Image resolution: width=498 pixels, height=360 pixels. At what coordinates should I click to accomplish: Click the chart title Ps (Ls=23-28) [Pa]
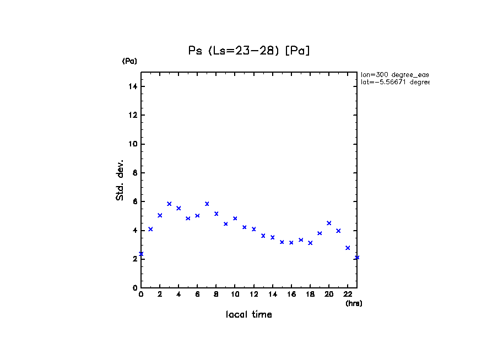pos(249,51)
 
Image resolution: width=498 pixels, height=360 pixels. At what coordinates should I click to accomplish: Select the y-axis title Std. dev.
pos(120,181)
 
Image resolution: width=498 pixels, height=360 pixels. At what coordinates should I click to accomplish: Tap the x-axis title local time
pos(249,315)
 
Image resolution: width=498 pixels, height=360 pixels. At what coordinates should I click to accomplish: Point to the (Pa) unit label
pos(129,61)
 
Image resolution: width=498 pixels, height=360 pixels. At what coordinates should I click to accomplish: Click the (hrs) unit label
pos(354,303)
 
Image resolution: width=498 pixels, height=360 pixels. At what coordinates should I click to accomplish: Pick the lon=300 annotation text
pos(394,74)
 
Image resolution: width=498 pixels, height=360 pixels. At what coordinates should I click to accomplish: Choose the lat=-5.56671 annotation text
pos(394,82)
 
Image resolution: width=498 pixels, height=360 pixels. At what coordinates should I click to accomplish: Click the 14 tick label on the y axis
pos(133,86)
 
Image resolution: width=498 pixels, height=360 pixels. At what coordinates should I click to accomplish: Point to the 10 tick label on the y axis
pos(133,144)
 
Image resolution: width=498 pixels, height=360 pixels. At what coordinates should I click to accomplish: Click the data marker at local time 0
pos(141,254)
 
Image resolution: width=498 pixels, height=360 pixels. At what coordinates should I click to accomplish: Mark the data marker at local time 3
pos(169,204)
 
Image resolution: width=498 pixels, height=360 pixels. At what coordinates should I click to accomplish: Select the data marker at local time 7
pos(207,204)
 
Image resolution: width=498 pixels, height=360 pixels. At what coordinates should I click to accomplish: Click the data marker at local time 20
pos(329,223)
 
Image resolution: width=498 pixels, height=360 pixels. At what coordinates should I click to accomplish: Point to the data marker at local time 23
pos(357,258)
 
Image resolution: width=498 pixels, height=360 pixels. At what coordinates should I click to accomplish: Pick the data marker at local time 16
pos(291,242)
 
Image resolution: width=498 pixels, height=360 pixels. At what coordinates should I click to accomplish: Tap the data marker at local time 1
pos(150,229)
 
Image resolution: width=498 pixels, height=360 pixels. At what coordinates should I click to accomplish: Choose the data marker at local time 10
pos(235,219)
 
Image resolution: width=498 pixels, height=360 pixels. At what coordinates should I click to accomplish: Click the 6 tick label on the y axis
pos(134,202)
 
